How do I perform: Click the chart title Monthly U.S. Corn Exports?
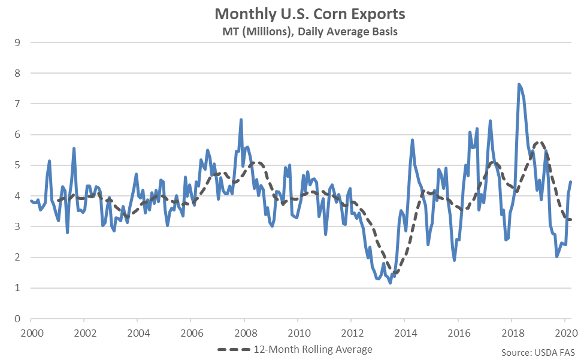(310, 14)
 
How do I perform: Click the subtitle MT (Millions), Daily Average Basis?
(310, 32)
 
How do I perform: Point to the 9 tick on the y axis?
(17, 43)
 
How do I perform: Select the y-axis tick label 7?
(17, 104)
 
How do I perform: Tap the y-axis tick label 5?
(17, 165)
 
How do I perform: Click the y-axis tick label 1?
(17, 288)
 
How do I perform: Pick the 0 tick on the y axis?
(17, 319)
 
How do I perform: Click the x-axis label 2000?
(32, 333)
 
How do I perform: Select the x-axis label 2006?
(192, 333)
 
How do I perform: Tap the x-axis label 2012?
(352, 333)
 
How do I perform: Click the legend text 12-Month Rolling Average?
(313, 350)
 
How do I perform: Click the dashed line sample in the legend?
(234, 350)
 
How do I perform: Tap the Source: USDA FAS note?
(538, 353)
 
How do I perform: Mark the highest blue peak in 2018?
(519, 84)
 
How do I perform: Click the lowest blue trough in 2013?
(390, 283)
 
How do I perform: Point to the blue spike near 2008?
(241, 120)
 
